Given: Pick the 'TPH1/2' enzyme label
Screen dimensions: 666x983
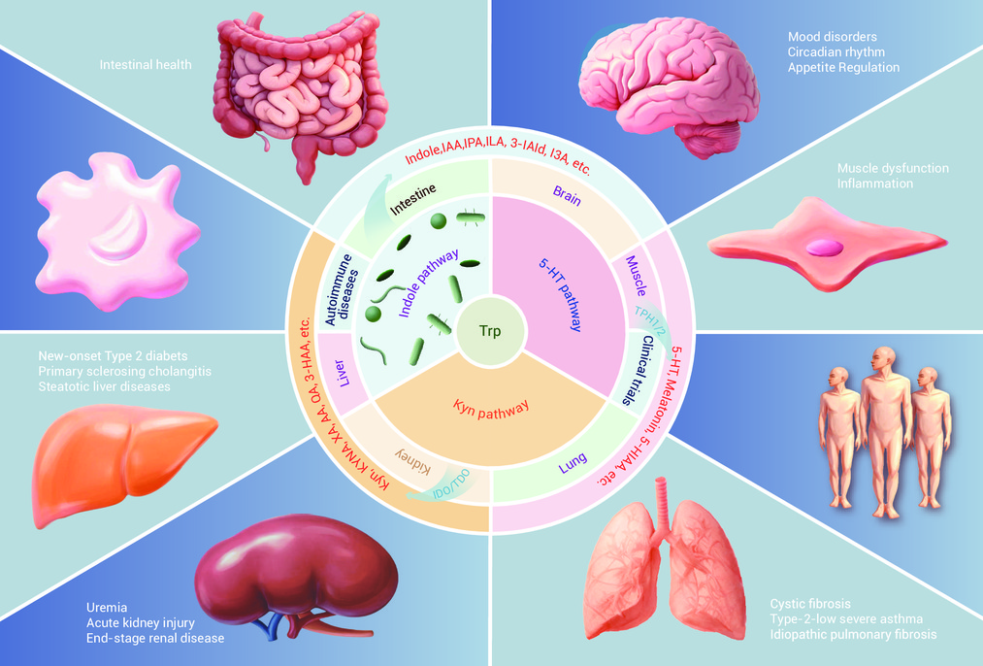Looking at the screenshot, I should click(x=643, y=323).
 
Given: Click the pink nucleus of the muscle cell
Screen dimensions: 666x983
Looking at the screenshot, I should click(x=823, y=247).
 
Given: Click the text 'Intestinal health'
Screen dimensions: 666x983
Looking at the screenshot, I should click(x=146, y=66).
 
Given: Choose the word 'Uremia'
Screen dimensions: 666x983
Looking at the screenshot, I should click(x=107, y=607).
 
